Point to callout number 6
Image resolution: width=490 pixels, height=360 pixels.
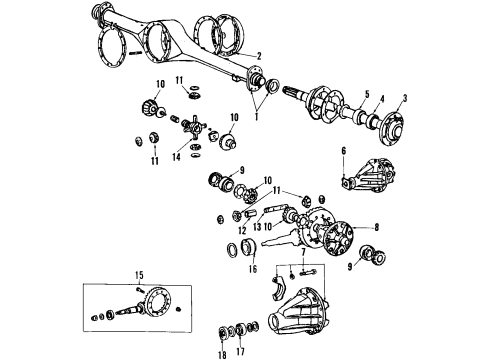click(x=344, y=151)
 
